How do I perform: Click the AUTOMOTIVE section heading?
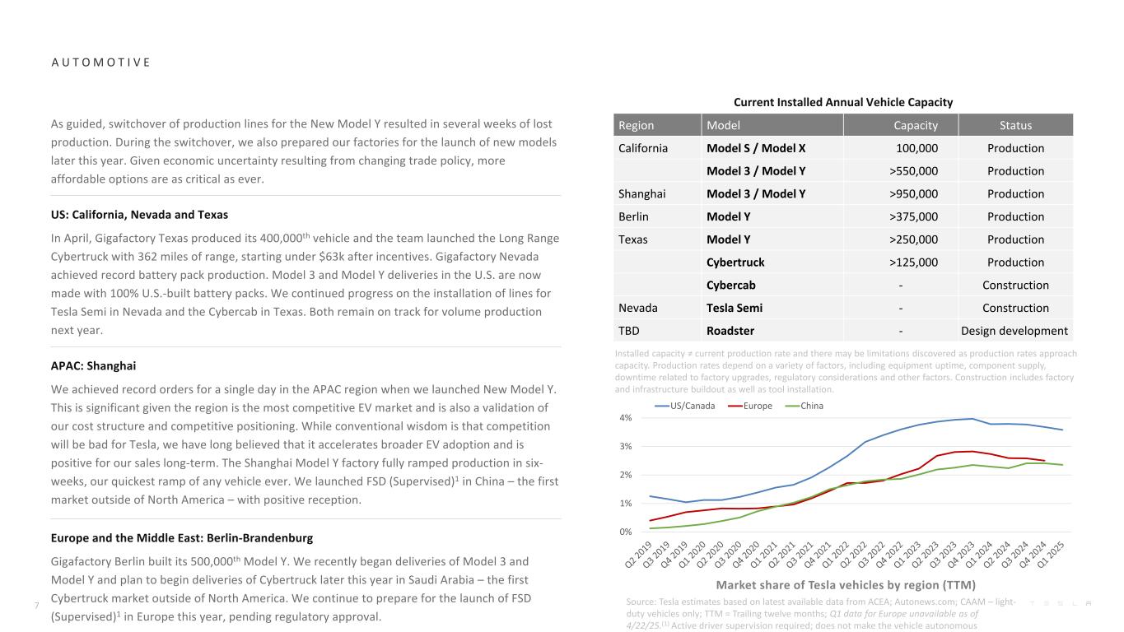pyautogui.click(x=100, y=63)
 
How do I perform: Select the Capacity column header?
pyautogui.click(x=916, y=125)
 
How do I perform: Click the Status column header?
pyautogui.click(x=1015, y=125)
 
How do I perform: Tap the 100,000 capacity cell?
pyautogui.click(x=916, y=148)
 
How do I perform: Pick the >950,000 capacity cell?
pyautogui.click(x=912, y=194)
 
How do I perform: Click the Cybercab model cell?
pyautogui.click(x=732, y=286)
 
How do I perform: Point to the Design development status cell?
pyautogui.click(x=1014, y=331)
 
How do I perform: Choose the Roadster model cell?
pyautogui.click(x=730, y=331)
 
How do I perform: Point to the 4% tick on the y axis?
pyautogui.click(x=626, y=418)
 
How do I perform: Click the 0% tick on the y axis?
pyautogui.click(x=626, y=532)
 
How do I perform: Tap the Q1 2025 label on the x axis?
pyautogui.click(x=1052, y=559)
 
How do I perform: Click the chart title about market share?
pyautogui.click(x=846, y=585)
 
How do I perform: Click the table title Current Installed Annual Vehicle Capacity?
pyautogui.click(x=843, y=102)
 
